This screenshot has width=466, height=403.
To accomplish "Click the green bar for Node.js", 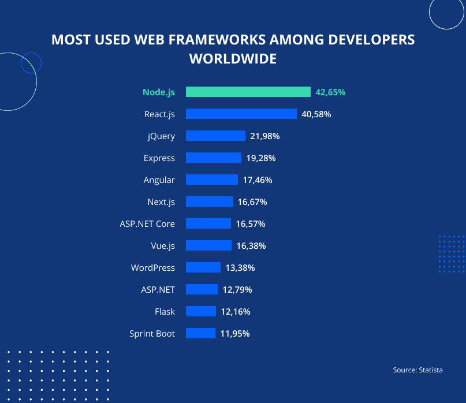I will [x=248, y=92].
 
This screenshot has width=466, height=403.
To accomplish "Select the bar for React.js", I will [x=241, y=114].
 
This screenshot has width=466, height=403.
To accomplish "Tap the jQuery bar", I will [x=215, y=136].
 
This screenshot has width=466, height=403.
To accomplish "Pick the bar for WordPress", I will [x=203, y=268].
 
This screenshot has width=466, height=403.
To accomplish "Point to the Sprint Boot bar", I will [x=200, y=334].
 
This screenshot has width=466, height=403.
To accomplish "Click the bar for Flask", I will [x=200, y=312].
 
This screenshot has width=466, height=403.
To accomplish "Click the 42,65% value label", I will [x=330, y=92].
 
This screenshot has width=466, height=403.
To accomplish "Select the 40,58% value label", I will [x=316, y=114].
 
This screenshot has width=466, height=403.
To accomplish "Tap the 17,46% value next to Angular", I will [x=258, y=180].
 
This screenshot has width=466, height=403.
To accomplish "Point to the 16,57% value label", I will [x=251, y=224].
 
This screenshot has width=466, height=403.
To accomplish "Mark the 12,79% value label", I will [x=237, y=290].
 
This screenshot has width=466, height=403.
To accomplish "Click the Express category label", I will [x=159, y=158].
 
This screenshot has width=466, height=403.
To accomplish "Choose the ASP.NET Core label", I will [x=147, y=224].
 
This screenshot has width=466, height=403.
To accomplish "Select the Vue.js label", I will [x=163, y=246].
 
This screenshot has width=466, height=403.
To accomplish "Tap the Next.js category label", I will [x=161, y=202].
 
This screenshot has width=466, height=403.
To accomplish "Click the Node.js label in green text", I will [x=159, y=92].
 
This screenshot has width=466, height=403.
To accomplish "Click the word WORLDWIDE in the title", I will [x=233, y=59].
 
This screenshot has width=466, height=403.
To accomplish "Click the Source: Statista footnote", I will [x=417, y=370].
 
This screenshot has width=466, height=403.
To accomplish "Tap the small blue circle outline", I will [x=31, y=62].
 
